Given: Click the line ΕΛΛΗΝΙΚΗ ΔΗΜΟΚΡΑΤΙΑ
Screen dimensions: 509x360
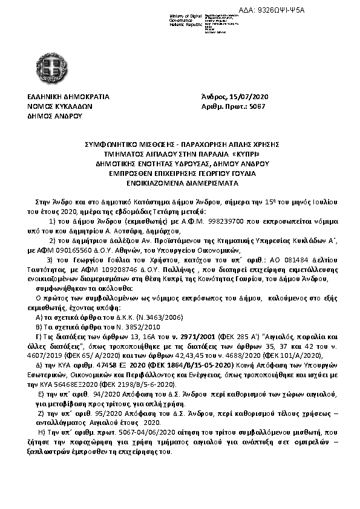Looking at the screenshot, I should [x=68, y=96].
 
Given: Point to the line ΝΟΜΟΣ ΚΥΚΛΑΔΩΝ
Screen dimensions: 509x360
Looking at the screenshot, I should [x=59, y=105].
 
